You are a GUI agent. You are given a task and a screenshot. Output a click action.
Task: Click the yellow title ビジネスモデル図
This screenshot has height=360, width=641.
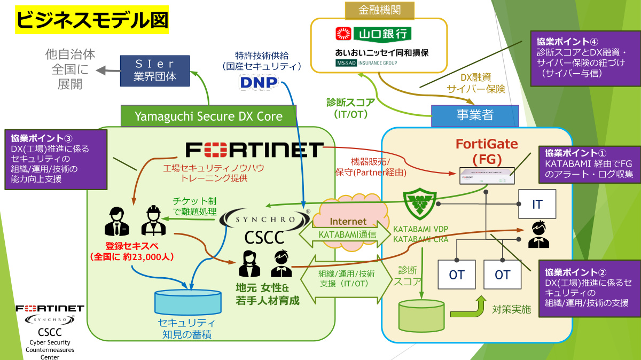(x=92, y=20)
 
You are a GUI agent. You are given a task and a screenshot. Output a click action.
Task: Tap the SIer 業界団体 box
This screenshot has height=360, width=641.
(x=155, y=70)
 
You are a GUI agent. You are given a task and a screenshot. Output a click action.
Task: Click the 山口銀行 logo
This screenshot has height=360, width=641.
(x=373, y=34)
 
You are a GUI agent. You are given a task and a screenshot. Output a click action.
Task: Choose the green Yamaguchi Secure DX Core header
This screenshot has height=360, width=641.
(x=208, y=115)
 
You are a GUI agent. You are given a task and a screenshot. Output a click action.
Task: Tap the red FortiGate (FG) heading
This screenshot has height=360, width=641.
(x=487, y=151)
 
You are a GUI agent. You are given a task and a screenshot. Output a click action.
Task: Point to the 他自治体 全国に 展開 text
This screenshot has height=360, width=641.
(x=71, y=69)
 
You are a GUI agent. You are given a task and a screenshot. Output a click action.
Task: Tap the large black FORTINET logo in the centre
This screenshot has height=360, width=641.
(x=254, y=150)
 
